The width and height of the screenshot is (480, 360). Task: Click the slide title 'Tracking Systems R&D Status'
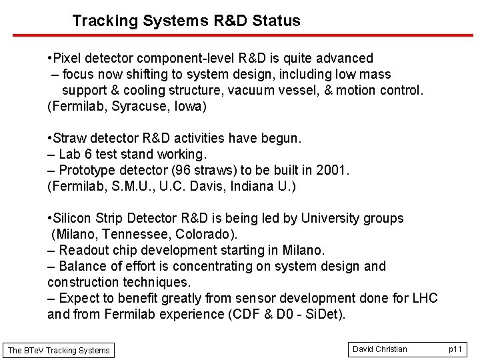186,21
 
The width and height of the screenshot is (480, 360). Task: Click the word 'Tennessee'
135,234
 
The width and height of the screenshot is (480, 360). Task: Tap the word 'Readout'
83,250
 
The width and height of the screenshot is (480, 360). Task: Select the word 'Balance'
83,266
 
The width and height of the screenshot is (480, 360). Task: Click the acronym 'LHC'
424,298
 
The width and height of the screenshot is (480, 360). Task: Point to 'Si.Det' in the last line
323,314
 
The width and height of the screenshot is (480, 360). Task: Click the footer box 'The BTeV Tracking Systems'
59,350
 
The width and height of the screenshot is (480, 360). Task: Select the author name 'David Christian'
380,349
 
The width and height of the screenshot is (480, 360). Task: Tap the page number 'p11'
455,349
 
